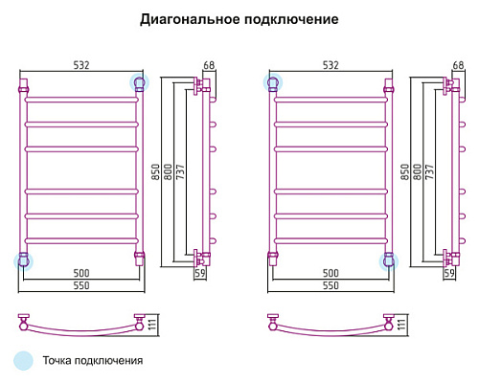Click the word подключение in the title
point(291,19)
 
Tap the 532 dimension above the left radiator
point(81,65)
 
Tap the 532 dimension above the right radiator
point(331,65)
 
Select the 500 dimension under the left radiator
point(81,273)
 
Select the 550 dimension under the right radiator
point(331,285)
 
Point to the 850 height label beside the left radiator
point(155,171)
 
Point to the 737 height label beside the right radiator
point(429,171)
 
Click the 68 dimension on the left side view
point(209,65)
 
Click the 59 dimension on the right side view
point(449,273)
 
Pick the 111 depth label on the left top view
point(152,325)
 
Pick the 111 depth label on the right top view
point(401,325)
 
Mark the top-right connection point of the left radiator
point(140,82)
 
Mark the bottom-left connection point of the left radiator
point(23,261)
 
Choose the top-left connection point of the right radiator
point(273,82)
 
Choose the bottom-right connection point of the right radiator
point(389,261)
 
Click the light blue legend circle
point(23,361)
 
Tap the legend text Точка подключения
point(93,361)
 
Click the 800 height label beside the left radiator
point(168,171)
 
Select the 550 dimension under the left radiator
point(81,285)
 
